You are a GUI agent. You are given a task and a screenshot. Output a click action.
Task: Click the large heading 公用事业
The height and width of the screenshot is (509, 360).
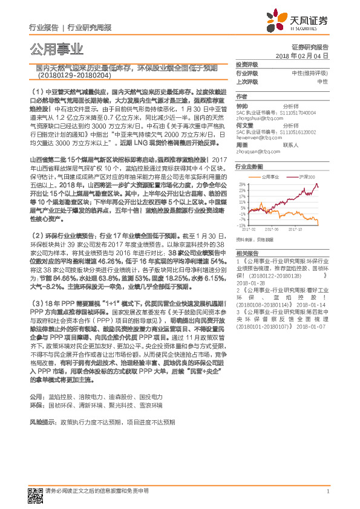(54, 48)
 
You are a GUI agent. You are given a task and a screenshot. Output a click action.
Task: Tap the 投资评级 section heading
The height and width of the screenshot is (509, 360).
(247, 63)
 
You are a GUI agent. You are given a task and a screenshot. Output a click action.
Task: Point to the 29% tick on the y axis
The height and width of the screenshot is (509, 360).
(242, 183)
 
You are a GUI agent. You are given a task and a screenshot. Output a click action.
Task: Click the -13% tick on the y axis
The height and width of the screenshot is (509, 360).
(242, 225)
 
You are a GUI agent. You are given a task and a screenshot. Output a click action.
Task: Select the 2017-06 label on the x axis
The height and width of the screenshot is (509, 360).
(275, 229)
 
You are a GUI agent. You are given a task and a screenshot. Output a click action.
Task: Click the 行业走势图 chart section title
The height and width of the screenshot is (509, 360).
(249, 166)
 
